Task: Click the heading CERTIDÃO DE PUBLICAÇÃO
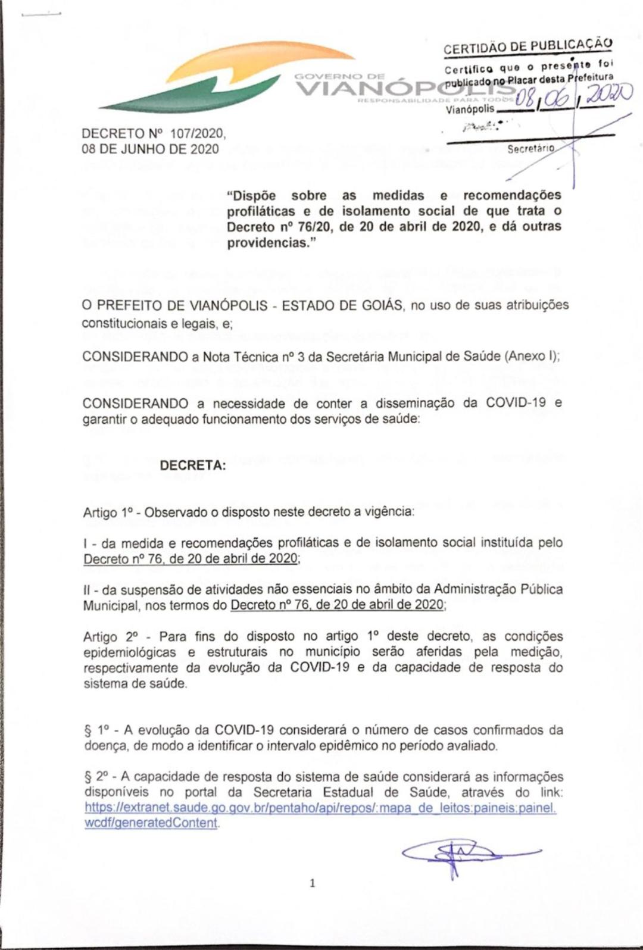[527, 46]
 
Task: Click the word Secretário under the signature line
[530, 148]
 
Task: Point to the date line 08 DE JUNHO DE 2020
[150, 149]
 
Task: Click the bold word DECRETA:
[193, 466]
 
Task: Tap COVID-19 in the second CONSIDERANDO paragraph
[516, 402]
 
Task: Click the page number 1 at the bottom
[312, 883]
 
